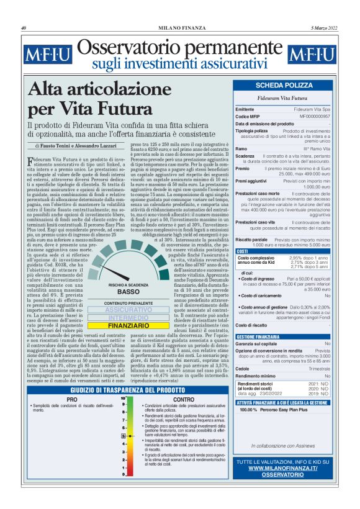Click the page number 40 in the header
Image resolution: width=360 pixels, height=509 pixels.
tap(23, 28)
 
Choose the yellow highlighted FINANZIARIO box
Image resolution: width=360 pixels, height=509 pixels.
tap(128, 342)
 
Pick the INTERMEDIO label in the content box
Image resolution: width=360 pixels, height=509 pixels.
tap(128, 334)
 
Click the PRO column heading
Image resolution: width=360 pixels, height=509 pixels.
tap(72, 400)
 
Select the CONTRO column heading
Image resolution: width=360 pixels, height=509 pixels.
tap(184, 400)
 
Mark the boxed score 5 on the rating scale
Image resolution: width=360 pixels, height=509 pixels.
tap(124, 436)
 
